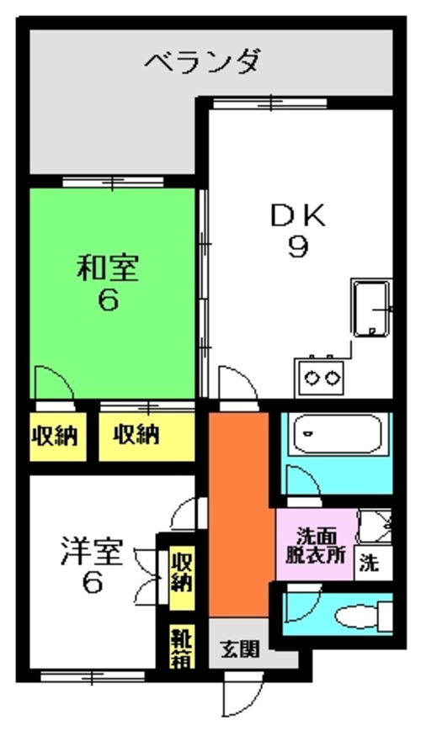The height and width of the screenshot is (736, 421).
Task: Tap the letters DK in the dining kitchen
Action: coord(297,216)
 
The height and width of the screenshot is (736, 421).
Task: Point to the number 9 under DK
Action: coord(298,247)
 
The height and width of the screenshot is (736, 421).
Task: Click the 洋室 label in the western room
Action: coord(92,553)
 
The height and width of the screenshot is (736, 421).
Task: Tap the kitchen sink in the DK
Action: coord(372,308)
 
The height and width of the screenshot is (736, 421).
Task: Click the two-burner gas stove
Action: coord(319,377)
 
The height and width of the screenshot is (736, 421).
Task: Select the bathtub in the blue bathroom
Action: coord(337,434)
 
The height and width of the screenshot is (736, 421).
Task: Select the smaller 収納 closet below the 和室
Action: coord(55,437)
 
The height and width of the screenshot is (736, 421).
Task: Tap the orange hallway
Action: coord(238,514)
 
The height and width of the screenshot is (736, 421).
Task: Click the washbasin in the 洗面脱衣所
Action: coord(375,527)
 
